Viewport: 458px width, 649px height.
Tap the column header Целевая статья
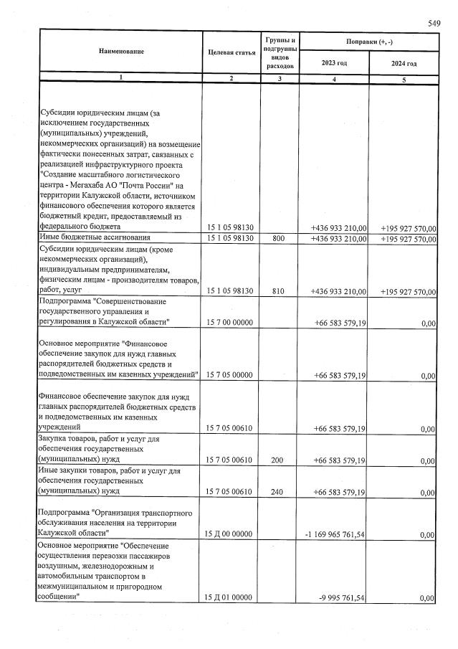232,53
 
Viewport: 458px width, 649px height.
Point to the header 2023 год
334,64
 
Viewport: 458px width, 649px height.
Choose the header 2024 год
404,64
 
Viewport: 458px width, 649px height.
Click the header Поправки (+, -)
368,42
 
